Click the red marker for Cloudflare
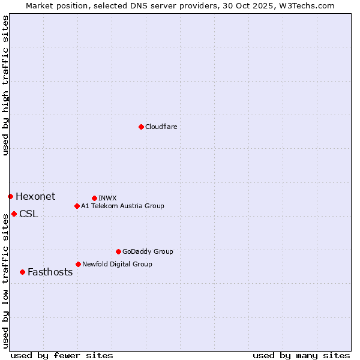(x=141, y=127)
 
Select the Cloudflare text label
(x=161, y=127)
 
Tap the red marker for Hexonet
(x=10, y=196)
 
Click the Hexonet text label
(x=35, y=196)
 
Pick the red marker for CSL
(x=14, y=214)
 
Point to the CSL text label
(x=28, y=214)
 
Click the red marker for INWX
(x=94, y=198)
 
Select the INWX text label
(x=107, y=198)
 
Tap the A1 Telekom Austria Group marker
(x=77, y=206)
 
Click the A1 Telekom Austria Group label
(x=122, y=206)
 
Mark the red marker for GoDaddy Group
(x=118, y=251)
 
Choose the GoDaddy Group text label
(x=148, y=251)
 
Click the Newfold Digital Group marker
(x=78, y=264)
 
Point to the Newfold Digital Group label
(x=117, y=264)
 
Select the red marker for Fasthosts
(x=22, y=272)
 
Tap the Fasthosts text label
(x=50, y=272)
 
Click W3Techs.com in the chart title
(x=310, y=5)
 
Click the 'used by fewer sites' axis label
(x=62, y=355)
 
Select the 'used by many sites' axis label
(x=301, y=355)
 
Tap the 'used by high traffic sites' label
(x=5, y=85)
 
